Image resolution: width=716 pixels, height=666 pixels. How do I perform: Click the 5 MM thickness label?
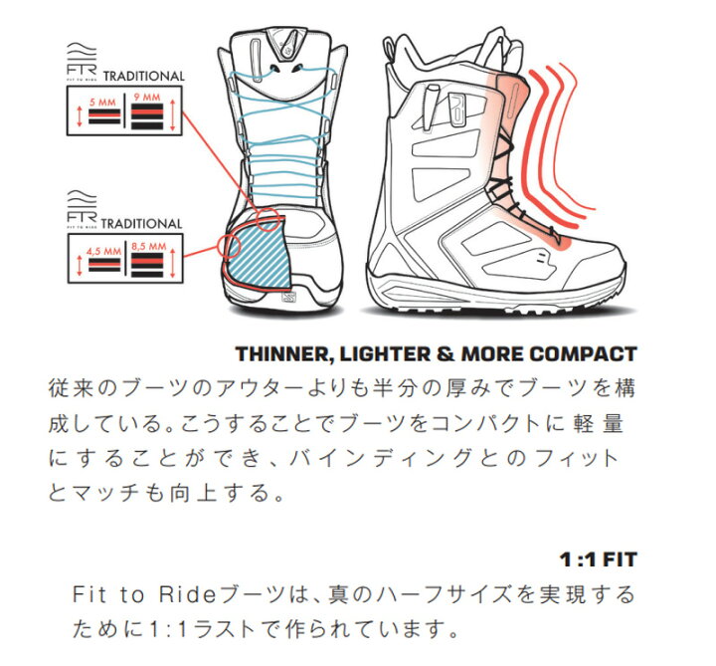tap(102, 102)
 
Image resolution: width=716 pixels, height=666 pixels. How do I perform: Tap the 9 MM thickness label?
tap(147, 98)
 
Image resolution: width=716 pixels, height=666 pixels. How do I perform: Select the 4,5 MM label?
tap(104, 252)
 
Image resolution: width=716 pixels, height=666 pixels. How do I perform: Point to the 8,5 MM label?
tap(149, 247)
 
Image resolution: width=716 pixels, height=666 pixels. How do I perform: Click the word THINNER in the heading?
tap(281, 354)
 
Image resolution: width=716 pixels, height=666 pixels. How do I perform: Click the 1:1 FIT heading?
tap(599, 559)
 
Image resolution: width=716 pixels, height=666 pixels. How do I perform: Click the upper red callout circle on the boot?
tap(268, 219)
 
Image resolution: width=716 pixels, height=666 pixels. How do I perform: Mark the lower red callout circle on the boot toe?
tap(229, 246)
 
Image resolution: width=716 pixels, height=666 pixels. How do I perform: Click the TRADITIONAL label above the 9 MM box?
tap(144, 77)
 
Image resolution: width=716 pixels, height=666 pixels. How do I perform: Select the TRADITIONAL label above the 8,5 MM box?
tap(141, 224)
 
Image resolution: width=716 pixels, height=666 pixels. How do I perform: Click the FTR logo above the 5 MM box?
tap(82, 60)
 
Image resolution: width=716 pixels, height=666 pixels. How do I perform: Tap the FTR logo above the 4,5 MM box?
tap(82, 209)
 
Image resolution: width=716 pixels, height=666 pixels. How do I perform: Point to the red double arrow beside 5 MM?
tap(80, 116)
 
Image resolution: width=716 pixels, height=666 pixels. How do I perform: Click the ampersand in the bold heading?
tap(446, 354)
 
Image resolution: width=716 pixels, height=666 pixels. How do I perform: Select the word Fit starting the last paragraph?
tap(89, 594)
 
